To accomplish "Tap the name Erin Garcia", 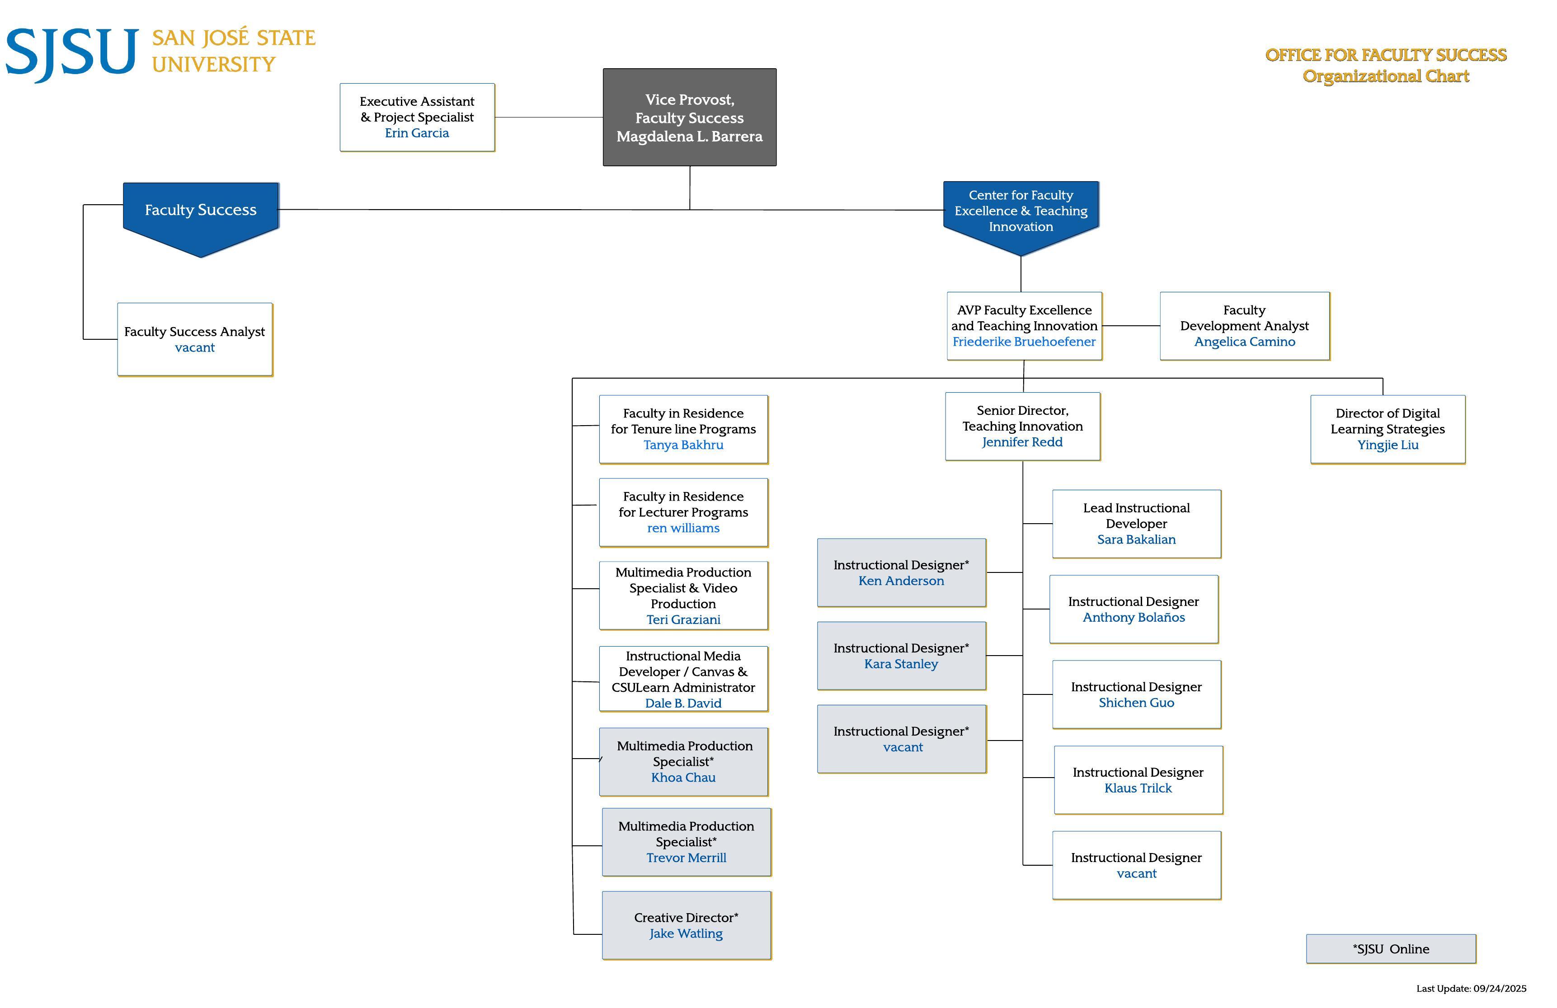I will tap(417, 133).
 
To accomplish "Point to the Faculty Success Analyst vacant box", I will tap(195, 339).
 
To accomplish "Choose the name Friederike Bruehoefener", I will tap(1024, 342).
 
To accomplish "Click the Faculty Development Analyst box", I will tap(1244, 326).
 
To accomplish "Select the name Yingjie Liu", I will tap(1388, 445).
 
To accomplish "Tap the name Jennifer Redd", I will tap(1022, 442).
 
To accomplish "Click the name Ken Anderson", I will tap(901, 581).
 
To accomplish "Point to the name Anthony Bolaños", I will tap(1134, 618).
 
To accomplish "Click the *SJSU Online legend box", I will tap(1391, 948).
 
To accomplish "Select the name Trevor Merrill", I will tap(686, 858).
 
